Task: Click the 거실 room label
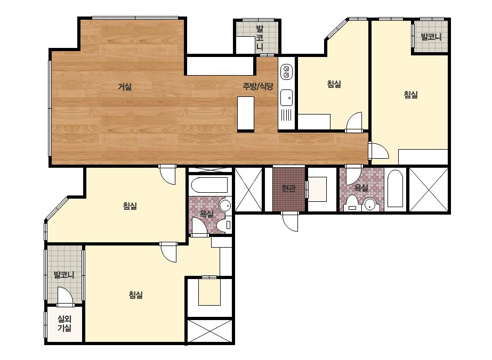tap(125, 87)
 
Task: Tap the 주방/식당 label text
tap(258, 86)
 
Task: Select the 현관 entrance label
tap(289, 189)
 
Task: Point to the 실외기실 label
tap(64, 324)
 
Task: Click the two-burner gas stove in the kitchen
tap(286, 71)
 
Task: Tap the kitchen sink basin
tap(286, 97)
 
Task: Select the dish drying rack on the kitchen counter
tap(286, 115)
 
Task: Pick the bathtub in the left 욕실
tap(209, 185)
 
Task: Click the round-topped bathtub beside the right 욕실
tap(395, 189)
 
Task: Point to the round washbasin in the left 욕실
tap(225, 206)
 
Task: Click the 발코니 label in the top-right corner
tap(431, 37)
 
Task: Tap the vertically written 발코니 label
tap(260, 38)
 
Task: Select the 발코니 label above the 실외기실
tap(64, 275)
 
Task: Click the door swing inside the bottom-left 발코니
tap(65, 296)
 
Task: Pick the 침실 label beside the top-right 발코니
tap(411, 94)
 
